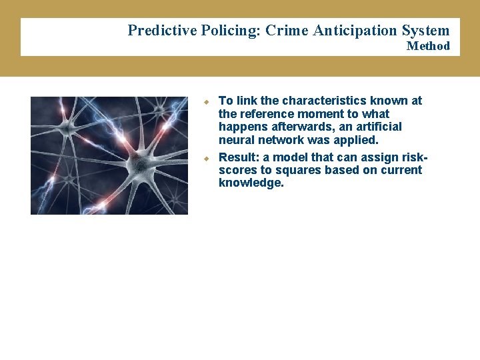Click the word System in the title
click(x=425, y=31)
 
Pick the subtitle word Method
click(x=428, y=46)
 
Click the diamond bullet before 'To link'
click(x=207, y=101)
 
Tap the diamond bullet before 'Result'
click(x=207, y=158)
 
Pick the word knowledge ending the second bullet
click(x=251, y=183)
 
